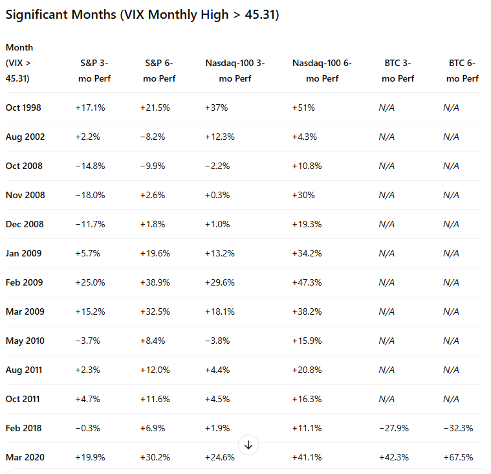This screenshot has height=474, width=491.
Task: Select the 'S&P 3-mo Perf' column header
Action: click(94, 71)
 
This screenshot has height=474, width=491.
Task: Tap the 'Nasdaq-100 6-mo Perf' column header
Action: click(322, 71)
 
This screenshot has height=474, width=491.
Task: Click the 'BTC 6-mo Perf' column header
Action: click(462, 71)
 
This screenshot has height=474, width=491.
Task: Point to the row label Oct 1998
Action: click(23, 107)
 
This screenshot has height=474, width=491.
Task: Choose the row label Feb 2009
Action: click(23, 282)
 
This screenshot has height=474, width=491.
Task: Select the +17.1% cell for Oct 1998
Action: click(90, 107)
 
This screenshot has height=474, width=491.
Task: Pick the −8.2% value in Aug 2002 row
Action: click(152, 137)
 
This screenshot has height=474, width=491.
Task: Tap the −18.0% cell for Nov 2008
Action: click(90, 195)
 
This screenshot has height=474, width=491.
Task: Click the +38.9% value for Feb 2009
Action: click(155, 282)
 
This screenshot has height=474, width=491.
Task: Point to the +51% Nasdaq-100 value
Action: click(303, 107)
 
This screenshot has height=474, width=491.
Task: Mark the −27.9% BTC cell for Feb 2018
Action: click(393, 428)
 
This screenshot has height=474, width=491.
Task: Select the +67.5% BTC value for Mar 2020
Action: click(458, 457)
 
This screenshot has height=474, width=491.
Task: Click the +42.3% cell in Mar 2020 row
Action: click(393, 457)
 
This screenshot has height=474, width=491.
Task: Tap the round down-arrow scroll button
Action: click(248, 445)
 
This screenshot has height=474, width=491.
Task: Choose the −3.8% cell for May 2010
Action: click(217, 341)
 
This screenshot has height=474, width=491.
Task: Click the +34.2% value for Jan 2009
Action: click(307, 253)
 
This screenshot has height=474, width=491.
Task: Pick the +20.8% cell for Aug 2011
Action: click(307, 370)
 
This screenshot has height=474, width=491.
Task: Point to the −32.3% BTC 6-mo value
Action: click(458, 428)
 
